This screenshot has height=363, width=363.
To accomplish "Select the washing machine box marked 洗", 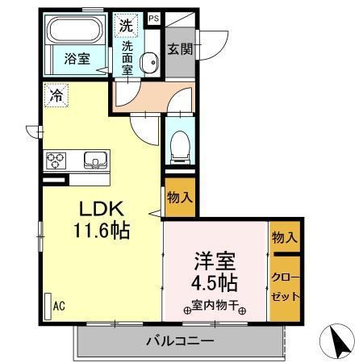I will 127,24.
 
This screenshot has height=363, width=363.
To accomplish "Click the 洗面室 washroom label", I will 127,58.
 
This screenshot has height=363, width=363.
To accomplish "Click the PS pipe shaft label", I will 154,17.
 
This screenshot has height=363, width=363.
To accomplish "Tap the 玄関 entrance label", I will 179,48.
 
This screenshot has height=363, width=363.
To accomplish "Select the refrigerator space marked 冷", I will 56,94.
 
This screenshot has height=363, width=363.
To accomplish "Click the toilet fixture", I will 179,146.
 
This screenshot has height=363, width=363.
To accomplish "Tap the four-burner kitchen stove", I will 56,159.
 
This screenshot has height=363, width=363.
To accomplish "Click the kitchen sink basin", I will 94,160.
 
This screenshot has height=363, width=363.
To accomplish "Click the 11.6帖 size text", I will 101,231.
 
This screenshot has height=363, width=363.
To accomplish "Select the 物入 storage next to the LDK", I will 179,197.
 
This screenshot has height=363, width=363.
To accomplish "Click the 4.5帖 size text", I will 214,284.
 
